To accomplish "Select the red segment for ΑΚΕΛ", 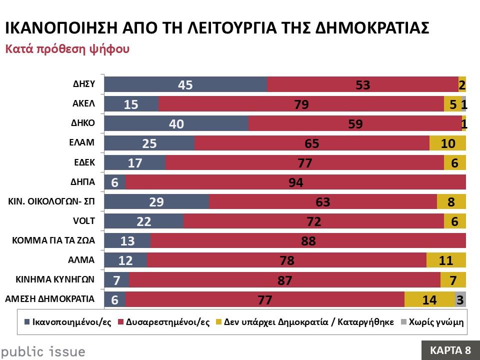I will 301,104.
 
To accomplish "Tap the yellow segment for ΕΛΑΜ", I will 447,143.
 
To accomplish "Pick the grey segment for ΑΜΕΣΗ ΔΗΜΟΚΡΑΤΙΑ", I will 460,299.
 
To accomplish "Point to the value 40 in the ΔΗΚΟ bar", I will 176,124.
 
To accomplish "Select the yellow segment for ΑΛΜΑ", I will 446,260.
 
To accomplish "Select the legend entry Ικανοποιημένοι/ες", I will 68,322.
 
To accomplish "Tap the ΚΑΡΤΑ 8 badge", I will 450,349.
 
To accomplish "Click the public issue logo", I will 42,351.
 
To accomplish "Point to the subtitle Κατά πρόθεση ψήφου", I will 67,49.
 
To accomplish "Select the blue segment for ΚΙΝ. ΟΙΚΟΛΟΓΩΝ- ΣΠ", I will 156,202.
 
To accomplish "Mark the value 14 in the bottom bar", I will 429,299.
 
